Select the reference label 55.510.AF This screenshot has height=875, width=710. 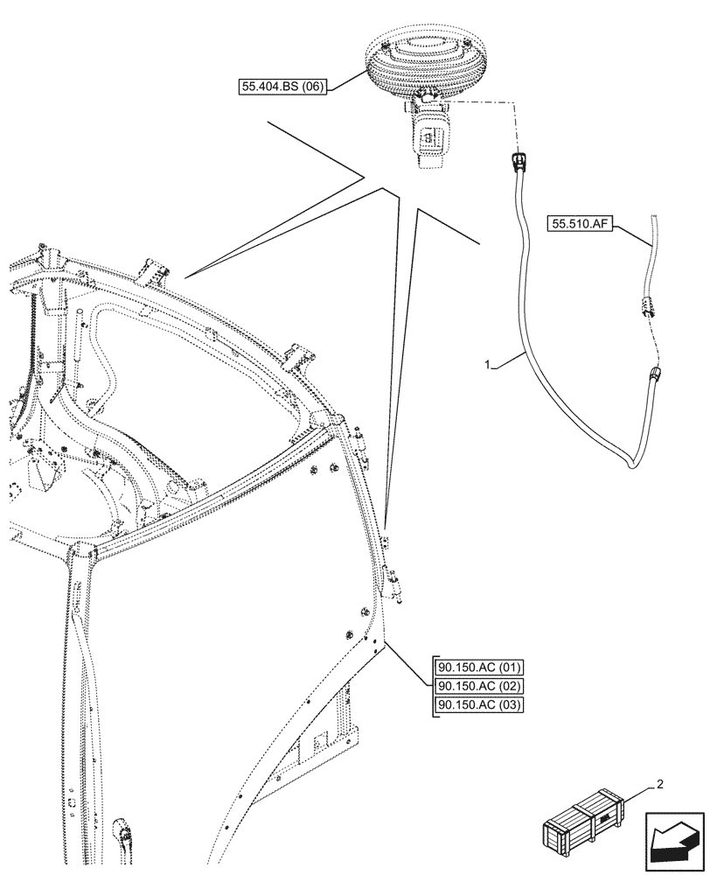tap(581, 224)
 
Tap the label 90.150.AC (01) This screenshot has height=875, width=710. tap(477, 668)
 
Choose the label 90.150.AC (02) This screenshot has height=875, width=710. tap(477, 687)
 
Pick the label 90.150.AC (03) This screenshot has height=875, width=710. tap(477, 706)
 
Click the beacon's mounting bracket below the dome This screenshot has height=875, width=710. tap(431, 136)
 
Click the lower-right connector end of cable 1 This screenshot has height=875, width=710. tap(655, 377)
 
